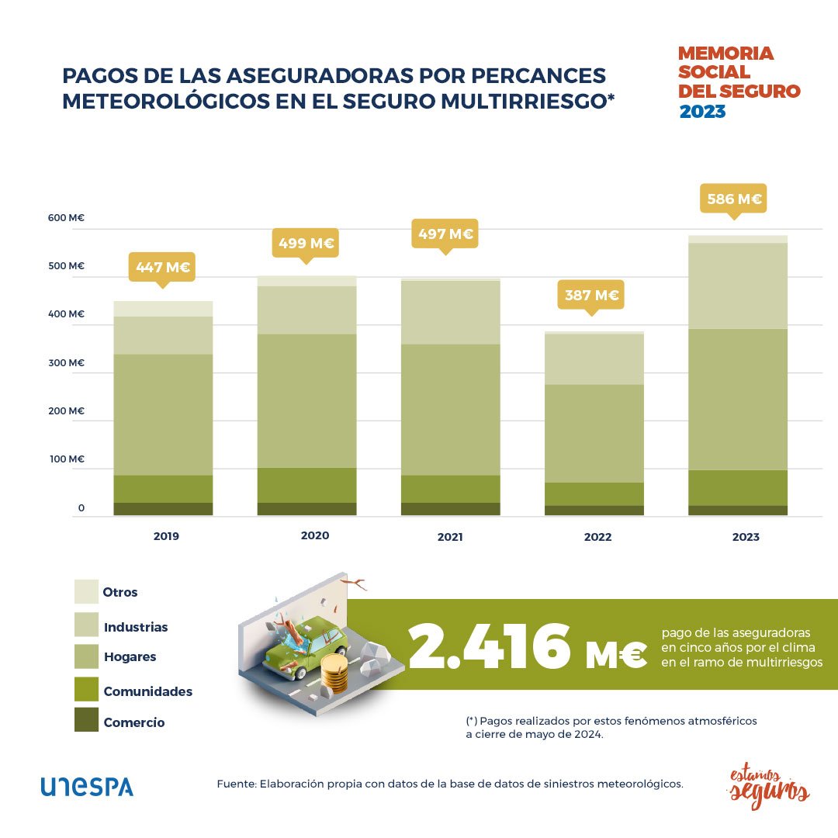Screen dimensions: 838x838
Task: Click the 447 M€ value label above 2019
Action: click(x=163, y=267)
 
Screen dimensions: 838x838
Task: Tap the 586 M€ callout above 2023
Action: click(x=733, y=199)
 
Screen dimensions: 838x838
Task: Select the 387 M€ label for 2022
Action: click(x=591, y=295)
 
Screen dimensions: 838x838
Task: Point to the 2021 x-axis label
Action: click(x=450, y=536)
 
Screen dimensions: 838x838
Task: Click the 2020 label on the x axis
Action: click(x=314, y=535)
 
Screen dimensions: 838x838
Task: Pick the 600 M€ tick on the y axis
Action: click(x=65, y=218)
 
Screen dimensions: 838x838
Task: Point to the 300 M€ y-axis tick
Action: click(x=65, y=362)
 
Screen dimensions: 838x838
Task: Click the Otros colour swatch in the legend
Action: click(x=87, y=591)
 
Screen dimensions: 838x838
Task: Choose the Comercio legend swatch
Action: click(x=87, y=719)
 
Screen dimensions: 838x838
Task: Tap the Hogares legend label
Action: click(x=130, y=656)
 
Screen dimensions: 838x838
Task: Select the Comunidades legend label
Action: click(x=147, y=691)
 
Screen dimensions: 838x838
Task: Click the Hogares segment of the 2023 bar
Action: click(x=738, y=399)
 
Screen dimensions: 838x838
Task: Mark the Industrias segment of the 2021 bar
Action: click(x=450, y=312)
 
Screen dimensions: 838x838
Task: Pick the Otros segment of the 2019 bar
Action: click(x=163, y=308)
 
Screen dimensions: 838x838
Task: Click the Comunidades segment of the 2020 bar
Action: click(x=306, y=485)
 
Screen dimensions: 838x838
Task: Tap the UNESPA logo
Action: click(x=87, y=786)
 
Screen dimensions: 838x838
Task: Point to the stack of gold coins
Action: click(x=335, y=673)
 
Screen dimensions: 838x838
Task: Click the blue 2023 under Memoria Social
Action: click(x=702, y=112)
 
